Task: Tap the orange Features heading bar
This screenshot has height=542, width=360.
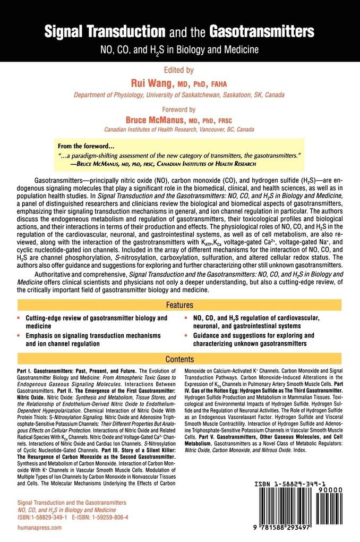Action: [179, 306]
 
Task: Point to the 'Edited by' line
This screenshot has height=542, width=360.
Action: [179, 70]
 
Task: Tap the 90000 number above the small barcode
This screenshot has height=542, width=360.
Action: [339, 493]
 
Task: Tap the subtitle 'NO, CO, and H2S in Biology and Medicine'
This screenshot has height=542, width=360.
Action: [179, 50]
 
